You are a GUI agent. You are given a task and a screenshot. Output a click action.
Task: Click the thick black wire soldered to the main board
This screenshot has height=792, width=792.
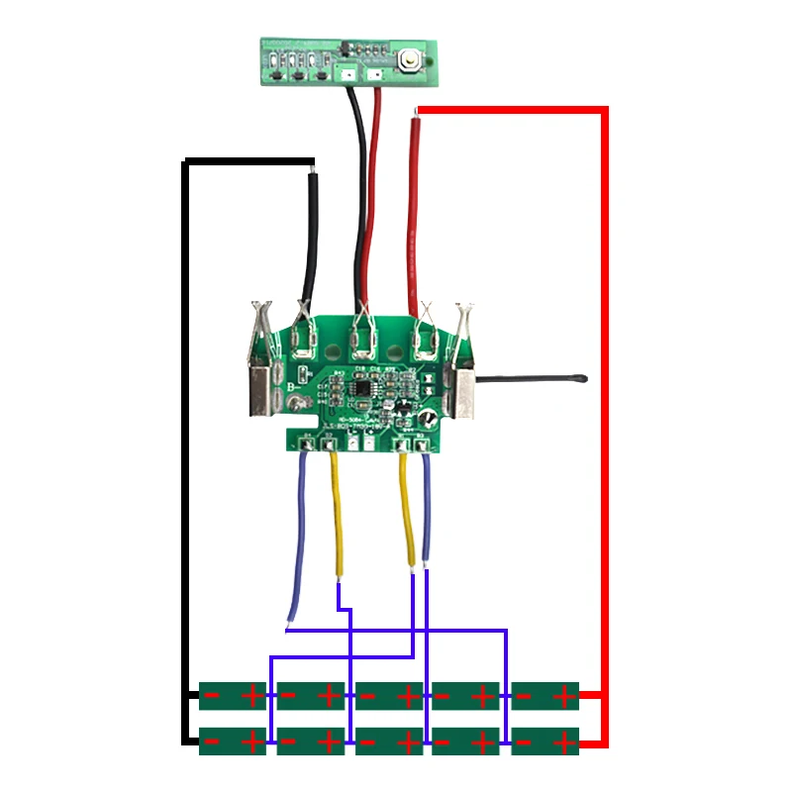click(311, 238)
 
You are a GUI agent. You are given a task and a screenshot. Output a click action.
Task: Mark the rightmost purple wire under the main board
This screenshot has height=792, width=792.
click(427, 515)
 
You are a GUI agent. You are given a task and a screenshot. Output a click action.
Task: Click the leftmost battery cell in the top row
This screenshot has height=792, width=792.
click(233, 695)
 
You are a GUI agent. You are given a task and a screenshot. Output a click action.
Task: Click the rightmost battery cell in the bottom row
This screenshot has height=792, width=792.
click(544, 741)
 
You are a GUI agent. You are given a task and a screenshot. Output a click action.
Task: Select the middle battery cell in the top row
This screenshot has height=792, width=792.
click(388, 695)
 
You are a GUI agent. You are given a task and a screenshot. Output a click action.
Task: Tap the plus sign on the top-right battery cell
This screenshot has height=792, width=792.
click(564, 696)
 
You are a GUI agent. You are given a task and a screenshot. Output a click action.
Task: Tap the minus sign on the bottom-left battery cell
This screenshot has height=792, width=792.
click(212, 741)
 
